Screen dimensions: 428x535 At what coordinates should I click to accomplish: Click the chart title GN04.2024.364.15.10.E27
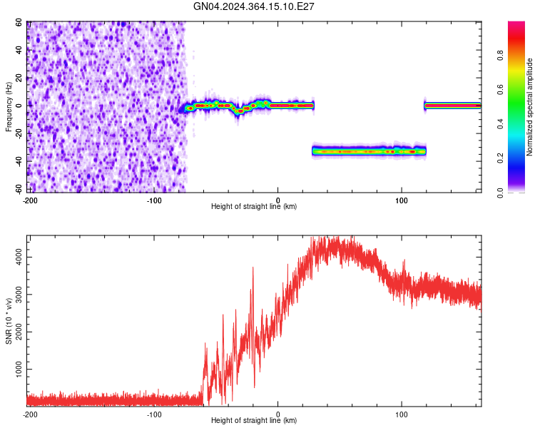255,6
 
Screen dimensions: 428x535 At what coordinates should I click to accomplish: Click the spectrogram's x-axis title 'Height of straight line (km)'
254,207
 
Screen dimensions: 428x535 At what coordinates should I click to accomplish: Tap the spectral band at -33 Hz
369,151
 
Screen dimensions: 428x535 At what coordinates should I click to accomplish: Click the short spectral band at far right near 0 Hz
452,106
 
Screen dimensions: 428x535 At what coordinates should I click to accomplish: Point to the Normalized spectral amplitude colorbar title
530,107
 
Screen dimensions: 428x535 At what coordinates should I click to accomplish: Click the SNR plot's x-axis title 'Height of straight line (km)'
254,421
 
